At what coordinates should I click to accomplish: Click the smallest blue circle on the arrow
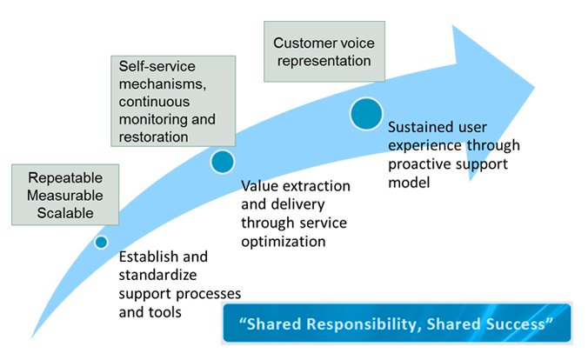[x=101, y=243]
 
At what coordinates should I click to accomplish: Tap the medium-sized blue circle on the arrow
[x=223, y=162]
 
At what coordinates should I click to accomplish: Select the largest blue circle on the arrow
[x=366, y=113]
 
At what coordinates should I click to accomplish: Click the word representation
[x=323, y=61]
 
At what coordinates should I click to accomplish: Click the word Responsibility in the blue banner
[x=342, y=324]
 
